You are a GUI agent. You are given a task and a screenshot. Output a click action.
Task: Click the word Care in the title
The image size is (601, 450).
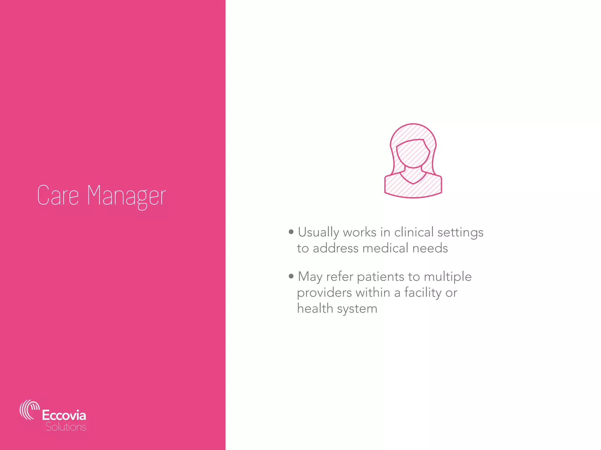point(58,195)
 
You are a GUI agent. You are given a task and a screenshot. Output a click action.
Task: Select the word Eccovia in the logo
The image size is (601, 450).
point(64,415)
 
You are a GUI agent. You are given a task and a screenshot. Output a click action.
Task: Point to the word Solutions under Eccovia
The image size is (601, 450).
point(66,427)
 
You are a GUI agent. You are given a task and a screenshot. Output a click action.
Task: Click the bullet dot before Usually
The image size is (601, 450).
point(291,232)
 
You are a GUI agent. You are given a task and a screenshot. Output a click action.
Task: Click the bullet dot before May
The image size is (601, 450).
point(291,276)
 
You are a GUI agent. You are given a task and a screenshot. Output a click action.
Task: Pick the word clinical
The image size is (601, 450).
point(414,232)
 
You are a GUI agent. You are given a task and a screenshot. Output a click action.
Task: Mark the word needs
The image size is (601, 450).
point(430,248)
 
